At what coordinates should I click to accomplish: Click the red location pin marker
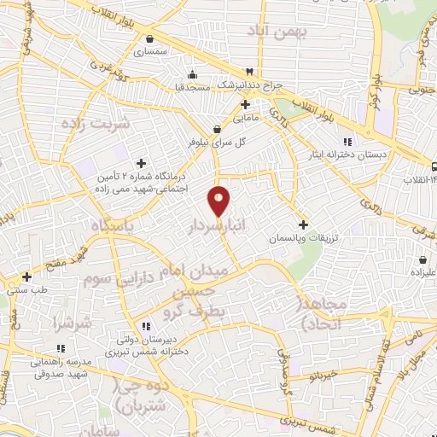pos(219,201)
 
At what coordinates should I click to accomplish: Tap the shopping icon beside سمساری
pos(150,38)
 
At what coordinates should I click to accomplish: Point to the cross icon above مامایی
pos(245,104)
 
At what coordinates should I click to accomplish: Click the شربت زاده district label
pos(94,123)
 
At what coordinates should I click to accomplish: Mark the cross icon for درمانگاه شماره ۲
pos(141,163)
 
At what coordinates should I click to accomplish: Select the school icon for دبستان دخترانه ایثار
pos(346,143)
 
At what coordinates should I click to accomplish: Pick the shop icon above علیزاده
pos(424,259)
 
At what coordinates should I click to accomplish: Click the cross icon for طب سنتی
pos(27,277)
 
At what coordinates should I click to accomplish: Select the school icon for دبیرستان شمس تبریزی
pos(147,325)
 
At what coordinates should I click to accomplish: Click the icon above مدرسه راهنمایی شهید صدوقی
pos(60,348)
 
